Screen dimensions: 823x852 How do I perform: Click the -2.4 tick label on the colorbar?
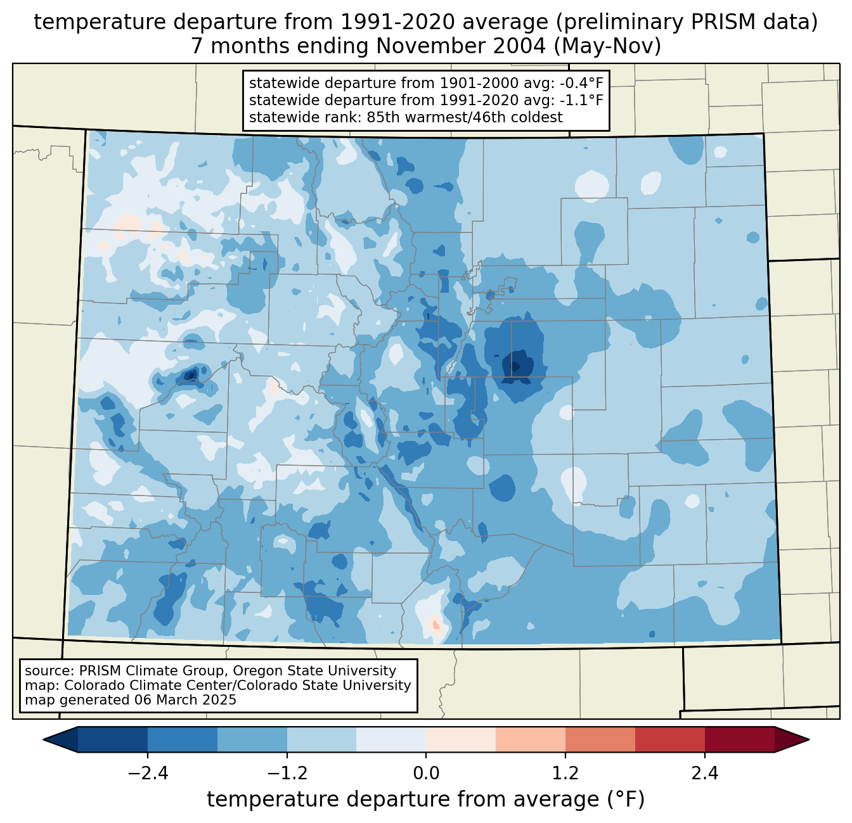[147, 774]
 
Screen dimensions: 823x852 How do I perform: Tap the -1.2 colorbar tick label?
[287, 774]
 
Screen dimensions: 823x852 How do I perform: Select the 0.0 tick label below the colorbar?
[426, 774]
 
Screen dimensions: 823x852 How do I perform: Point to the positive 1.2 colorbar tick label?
[565, 774]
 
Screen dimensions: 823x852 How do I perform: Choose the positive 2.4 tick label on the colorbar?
[705, 774]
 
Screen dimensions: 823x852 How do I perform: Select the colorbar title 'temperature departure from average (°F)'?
[426, 800]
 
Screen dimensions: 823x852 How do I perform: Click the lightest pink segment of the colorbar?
[461, 739]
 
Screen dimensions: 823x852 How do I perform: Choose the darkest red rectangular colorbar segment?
[739, 739]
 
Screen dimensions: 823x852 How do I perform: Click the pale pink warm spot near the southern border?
[435, 623]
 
